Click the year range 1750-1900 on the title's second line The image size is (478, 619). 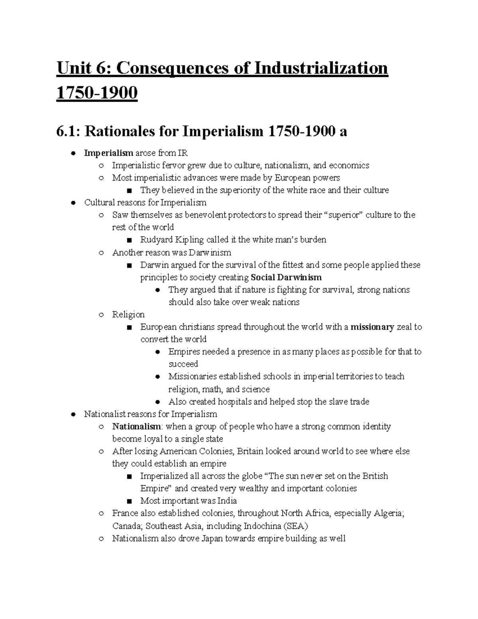click(97, 93)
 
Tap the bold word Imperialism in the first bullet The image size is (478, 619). click(108, 153)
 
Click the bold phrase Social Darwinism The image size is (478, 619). click(286, 277)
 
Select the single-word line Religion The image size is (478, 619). click(128, 314)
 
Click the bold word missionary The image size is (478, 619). click(372, 327)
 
